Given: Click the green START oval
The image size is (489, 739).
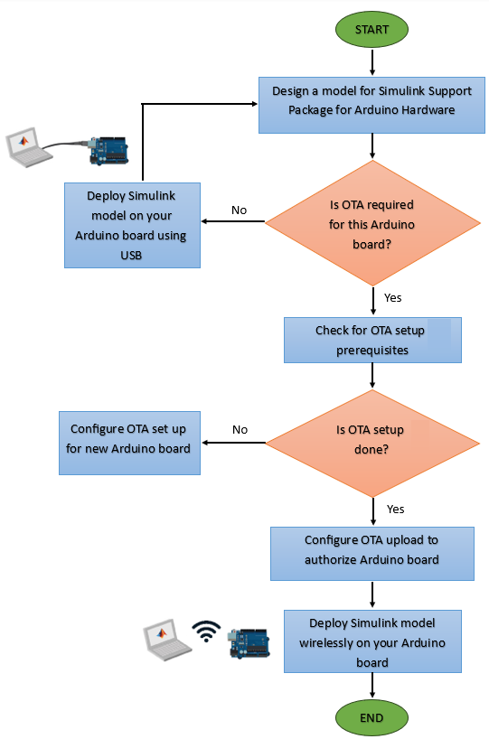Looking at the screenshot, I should [x=371, y=30].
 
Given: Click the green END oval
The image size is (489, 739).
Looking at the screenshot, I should [x=371, y=718].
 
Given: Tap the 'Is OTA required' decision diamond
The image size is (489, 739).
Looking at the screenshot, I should [x=372, y=222].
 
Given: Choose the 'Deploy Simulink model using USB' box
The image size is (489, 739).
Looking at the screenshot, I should [x=132, y=225].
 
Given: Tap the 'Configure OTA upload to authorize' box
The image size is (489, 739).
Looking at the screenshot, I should [x=371, y=550].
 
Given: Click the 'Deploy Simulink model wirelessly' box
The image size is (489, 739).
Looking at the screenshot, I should [x=371, y=641].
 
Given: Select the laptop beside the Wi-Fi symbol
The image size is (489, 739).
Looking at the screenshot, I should [x=166, y=641].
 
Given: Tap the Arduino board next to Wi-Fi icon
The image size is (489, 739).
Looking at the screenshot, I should [x=249, y=643].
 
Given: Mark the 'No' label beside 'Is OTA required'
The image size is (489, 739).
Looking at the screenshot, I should [x=239, y=210].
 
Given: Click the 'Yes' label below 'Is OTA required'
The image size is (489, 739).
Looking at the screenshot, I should [x=393, y=297].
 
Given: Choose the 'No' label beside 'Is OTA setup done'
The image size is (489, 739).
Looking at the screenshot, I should [x=240, y=429].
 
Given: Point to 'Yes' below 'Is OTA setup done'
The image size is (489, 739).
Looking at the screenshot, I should [x=396, y=509].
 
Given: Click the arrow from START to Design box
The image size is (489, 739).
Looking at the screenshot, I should [x=372, y=62].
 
